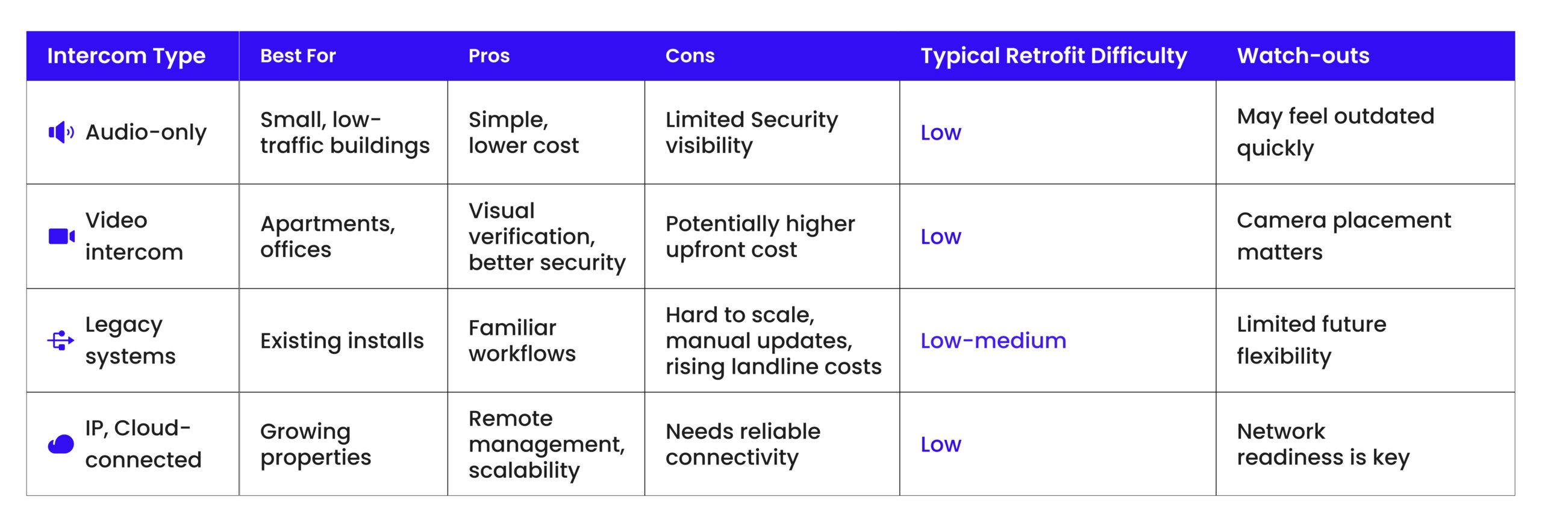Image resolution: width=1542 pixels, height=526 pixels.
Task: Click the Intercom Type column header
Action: (x=126, y=56)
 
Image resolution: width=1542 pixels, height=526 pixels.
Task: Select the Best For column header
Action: (x=298, y=56)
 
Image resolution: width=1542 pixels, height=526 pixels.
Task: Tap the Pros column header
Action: (x=489, y=56)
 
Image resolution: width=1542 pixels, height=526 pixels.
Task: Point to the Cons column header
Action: (x=690, y=56)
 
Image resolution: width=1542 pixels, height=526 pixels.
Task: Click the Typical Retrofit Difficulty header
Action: (x=1053, y=56)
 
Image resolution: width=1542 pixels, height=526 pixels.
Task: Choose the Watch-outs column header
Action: (x=1303, y=56)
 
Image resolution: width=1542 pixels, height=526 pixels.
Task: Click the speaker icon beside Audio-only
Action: (x=61, y=132)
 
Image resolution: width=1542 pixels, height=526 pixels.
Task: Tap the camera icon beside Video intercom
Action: (x=61, y=237)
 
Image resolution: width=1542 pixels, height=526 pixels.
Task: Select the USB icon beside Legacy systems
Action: (x=61, y=341)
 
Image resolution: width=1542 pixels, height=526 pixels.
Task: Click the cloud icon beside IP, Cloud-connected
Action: (x=61, y=445)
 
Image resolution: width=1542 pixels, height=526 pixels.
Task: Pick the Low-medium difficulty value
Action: (x=993, y=341)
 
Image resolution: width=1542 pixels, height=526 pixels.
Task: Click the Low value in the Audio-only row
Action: (x=941, y=132)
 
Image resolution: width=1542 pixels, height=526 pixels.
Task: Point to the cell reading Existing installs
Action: (x=342, y=341)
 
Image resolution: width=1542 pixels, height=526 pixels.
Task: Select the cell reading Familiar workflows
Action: (x=522, y=341)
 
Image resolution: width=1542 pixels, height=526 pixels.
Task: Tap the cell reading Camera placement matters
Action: (x=1344, y=236)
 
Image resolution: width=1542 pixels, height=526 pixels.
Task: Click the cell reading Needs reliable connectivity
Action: (x=743, y=444)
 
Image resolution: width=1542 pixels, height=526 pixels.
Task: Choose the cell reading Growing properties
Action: (x=316, y=444)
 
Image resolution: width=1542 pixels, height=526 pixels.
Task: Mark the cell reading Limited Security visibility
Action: (x=752, y=132)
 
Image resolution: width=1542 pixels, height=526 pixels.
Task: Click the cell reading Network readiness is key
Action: (x=1323, y=444)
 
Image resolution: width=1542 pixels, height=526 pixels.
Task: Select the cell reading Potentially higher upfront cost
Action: (x=760, y=237)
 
